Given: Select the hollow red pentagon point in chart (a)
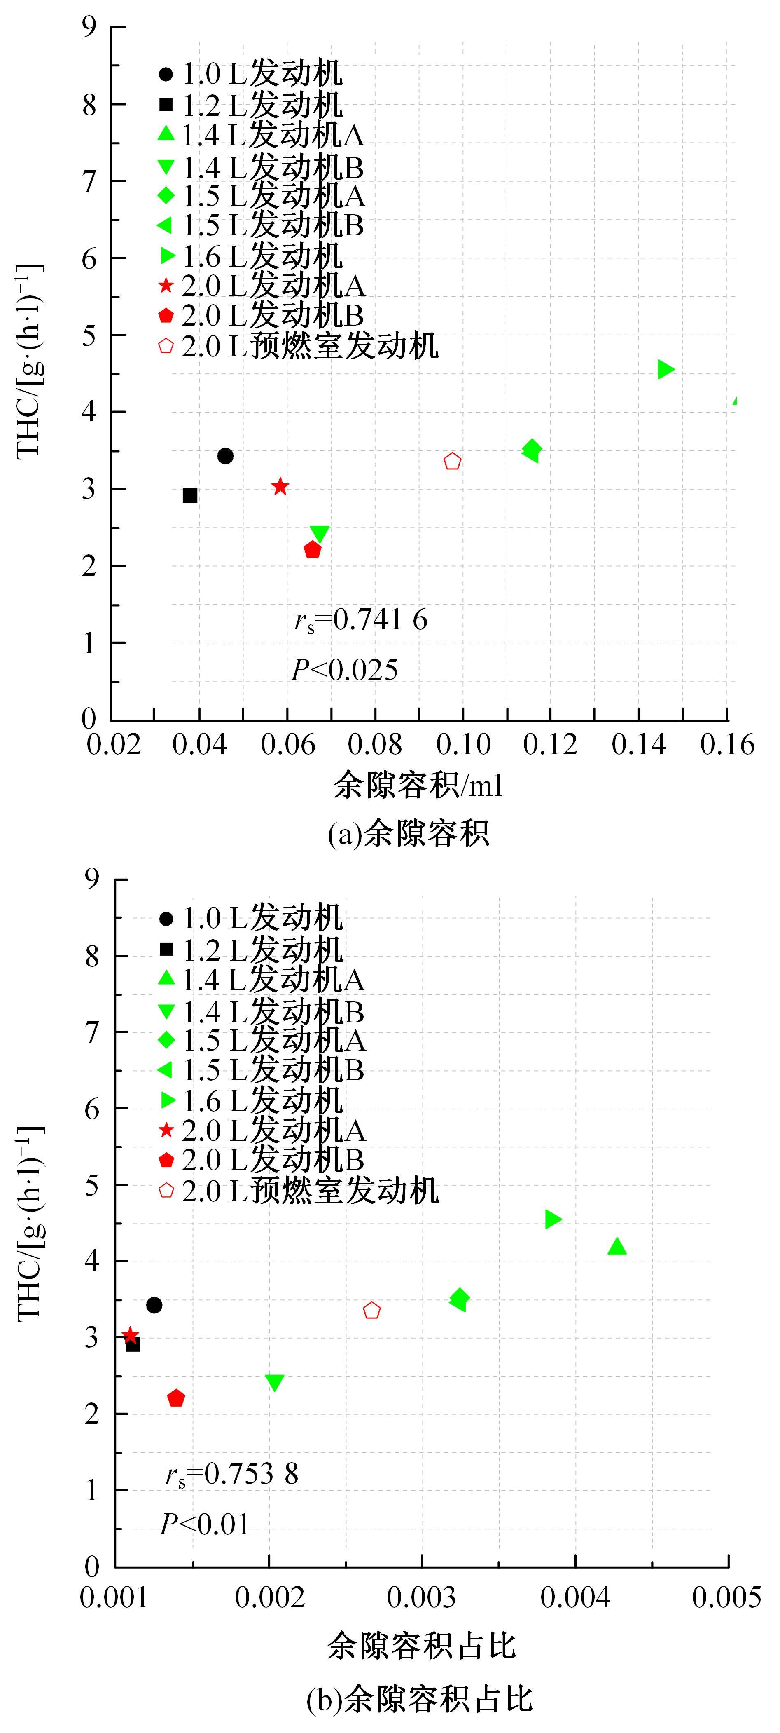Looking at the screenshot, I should pyautogui.click(x=453, y=462).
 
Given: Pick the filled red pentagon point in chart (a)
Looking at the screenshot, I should pyautogui.click(x=313, y=550).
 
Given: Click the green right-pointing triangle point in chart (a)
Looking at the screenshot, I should pyautogui.click(x=666, y=369).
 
